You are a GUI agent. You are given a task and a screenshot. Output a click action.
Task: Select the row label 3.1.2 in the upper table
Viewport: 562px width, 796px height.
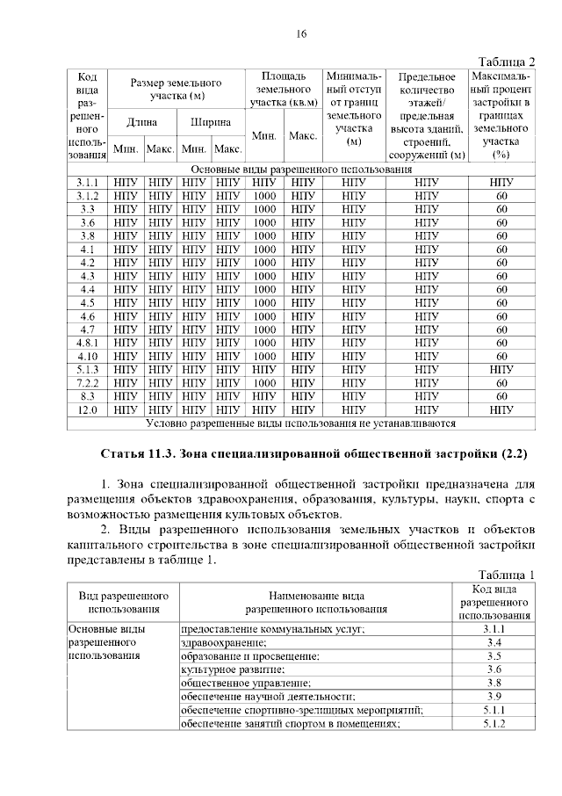click(x=87, y=195)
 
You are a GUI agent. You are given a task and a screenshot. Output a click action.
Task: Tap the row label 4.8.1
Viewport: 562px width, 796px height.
click(x=87, y=342)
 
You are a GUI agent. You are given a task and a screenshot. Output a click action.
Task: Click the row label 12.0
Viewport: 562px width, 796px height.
click(x=87, y=409)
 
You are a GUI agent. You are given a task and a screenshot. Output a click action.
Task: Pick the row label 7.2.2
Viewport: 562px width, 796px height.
click(x=87, y=382)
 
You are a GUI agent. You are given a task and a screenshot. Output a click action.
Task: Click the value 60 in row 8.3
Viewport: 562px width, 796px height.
click(x=501, y=395)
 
